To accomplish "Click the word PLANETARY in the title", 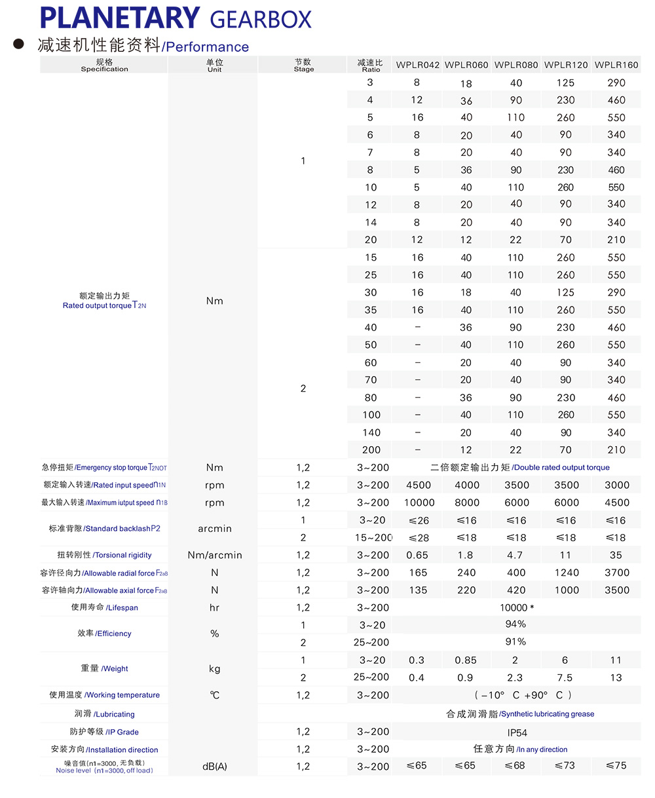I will tap(119, 18).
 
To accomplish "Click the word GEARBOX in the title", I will tap(261, 20).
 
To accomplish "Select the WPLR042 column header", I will tap(417, 65).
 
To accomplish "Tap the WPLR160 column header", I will tap(616, 65).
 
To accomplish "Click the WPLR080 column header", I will tap(516, 65).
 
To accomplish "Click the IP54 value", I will tap(516, 732).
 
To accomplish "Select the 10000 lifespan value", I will tap(516, 607).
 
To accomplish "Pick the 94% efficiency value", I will tap(516, 624).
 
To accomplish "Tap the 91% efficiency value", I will tap(516, 641).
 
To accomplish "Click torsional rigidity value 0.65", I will tap(417, 555).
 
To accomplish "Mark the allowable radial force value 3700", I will tap(616, 573).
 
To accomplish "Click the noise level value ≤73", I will tap(566, 765).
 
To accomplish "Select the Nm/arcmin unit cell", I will tap(215, 555).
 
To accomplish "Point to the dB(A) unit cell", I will tap(215, 766).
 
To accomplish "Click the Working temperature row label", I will tap(104, 695).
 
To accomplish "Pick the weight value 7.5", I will tap(565, 677).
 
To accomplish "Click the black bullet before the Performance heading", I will tap(19, 45).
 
